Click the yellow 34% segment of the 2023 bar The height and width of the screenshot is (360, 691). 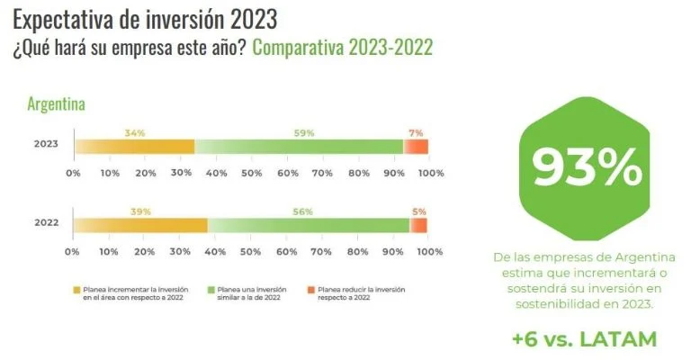(135, 147)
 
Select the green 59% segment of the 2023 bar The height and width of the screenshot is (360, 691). (299, 147)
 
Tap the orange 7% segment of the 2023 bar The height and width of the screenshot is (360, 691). (416, 147)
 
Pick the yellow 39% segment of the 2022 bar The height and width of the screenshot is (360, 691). (142, 226)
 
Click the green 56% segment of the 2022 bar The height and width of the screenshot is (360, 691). (309, 226)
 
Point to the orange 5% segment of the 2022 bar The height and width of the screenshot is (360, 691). (419, 226)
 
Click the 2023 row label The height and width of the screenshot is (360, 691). (46, 144)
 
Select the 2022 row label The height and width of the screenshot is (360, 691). (46, 223)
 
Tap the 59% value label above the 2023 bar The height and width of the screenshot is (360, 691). (303, 133)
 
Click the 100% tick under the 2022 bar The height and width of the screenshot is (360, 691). (429, 251)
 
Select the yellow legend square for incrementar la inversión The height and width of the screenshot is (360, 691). (77, 290)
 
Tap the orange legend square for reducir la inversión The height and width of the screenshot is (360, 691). (311, 290)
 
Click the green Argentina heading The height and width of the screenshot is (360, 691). (56, 104)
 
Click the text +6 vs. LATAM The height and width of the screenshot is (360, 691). (586, 339)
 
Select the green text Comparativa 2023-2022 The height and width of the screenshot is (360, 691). (342, 47)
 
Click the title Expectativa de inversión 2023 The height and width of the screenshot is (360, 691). (145, 18)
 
